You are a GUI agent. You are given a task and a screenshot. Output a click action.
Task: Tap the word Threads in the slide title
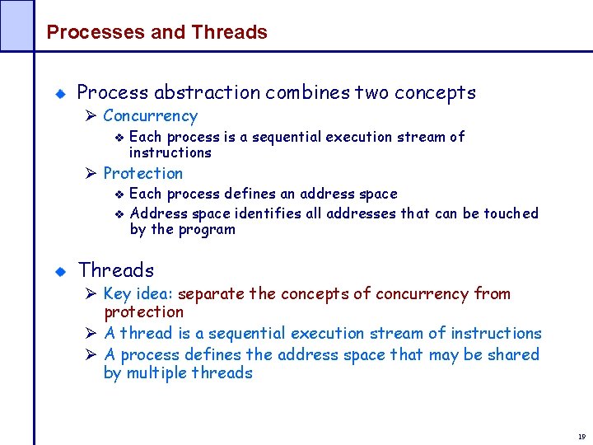229,32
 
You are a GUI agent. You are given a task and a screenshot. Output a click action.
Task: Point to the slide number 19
581,436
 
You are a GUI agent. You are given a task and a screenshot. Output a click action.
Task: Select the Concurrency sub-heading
150,116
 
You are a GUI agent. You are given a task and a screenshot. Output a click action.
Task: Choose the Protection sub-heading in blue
142,173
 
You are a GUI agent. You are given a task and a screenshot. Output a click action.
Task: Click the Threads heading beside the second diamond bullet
116,269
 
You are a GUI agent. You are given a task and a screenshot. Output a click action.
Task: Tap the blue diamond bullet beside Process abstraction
59,94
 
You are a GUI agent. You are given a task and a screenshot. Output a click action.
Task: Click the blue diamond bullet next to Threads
59,271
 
